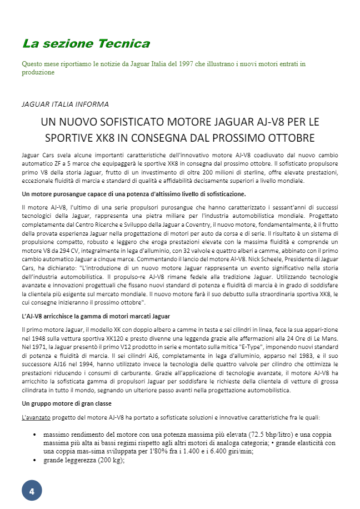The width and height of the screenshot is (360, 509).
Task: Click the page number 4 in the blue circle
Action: coord(32,491)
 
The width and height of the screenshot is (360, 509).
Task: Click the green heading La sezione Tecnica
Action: coord(86,43)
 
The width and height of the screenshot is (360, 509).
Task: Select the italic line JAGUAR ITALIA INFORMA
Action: coord(65,104)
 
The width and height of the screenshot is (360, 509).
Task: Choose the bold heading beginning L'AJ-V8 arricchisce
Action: coord(92,316)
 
